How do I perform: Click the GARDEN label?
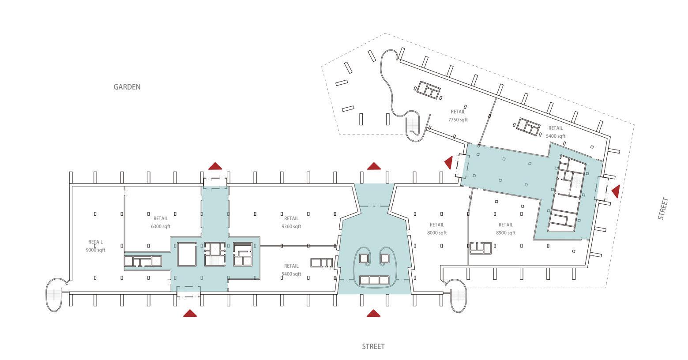click(x=127, y=87)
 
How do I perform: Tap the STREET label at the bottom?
click(x=373, y=346)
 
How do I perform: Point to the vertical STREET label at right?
click(x=663, y=209)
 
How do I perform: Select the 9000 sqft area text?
click(x=96, y=250)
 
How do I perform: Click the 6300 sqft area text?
click(x=161, y=226)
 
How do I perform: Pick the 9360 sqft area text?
click(x=291, y=226)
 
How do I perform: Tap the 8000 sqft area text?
click(x=437, y=233)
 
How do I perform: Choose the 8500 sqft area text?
click(x=506, y=233)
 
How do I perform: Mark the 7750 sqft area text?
click(x=458, y=120)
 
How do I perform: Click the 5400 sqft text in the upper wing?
click(x=556, y=136)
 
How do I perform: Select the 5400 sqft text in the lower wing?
click(x=291, y=274)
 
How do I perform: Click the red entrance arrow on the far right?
click(x=615, y=191)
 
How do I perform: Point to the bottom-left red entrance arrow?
click(x=190, y=313)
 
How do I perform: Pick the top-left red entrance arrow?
click(x=215, y=166)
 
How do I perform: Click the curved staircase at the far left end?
click(x=56, y=295)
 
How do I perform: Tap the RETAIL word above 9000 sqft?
click(x=96, y=242)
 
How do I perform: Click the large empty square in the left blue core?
click(x=187, y=255)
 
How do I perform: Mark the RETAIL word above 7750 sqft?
click(x=458, y=112)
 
